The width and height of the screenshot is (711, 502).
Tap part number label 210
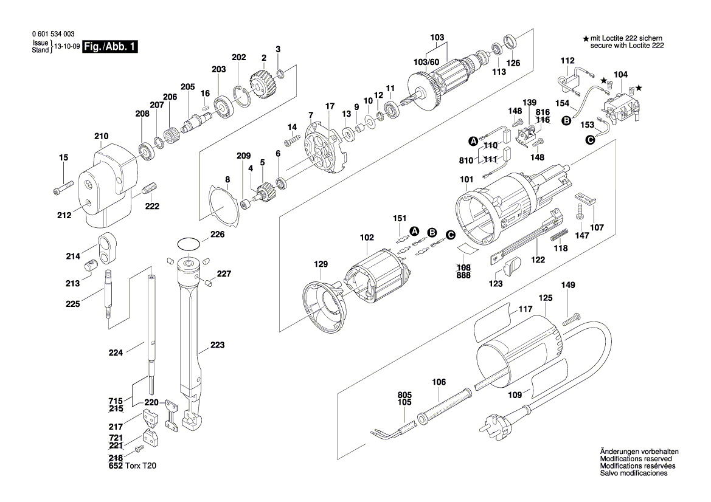point(101,136)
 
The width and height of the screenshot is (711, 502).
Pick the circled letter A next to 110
point(473,142)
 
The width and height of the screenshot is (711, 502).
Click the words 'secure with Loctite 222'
point(626,46)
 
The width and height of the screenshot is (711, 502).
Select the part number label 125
point(545,298)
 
